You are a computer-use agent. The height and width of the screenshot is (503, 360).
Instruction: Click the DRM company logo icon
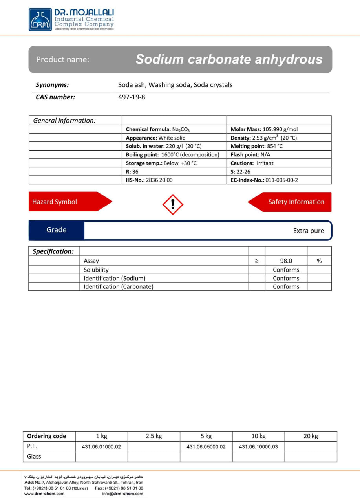pyautogui.click(x=40, y=20)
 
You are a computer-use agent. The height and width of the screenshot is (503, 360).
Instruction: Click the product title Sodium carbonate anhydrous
pyautogui.click(x=229, y=59)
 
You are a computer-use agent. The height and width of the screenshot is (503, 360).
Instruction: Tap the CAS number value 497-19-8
pyautogui.click(x=132, y=97)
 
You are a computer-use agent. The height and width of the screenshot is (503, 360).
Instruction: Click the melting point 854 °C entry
pyautogui.click(x=256, y=146)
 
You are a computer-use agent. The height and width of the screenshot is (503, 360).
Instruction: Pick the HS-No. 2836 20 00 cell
pyautogui.click(x=149, y=180)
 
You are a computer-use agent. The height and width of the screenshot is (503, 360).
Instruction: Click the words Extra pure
pyautogui.click(x=309, y=231)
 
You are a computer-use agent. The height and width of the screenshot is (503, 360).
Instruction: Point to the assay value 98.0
pyautogui.click(x=286, y=261)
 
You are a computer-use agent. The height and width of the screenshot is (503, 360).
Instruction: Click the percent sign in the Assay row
pyautogui.click(x=319, y=261)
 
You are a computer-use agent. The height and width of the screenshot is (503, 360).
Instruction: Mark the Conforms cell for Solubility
pyautogui.click(x=286, y=270)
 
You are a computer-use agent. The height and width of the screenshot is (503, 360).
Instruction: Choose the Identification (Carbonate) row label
pyautogui.click(x=119, y=287)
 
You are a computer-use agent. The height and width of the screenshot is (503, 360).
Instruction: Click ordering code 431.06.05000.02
pyautogui.click(x=206, y=447)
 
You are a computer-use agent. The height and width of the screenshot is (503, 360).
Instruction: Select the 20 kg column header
pyautogui.click(x=311, y=436)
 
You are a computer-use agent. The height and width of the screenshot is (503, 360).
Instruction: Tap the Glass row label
pyautogui.click(x=34, y=457)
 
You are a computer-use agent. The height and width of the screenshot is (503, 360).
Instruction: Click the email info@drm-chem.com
pyautogui.click(x=122, y=494)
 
